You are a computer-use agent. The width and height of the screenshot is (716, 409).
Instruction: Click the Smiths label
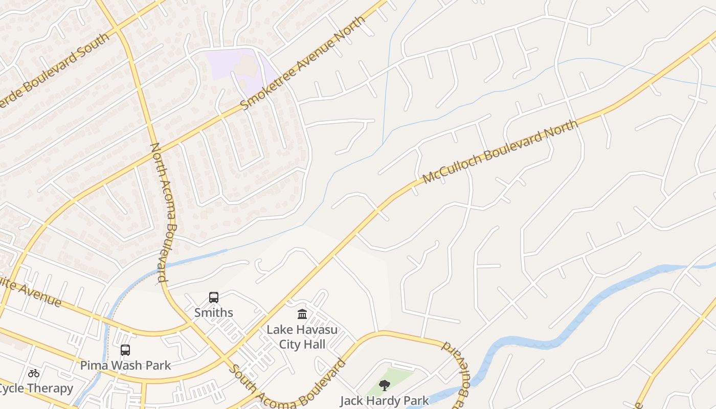(x=214, y=312)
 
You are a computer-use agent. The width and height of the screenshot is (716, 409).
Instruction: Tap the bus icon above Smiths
(x=214, y=297)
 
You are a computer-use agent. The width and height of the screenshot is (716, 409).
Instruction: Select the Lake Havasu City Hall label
(x=302, y=336)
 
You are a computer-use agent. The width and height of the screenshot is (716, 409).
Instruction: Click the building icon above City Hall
(x=302, y=314)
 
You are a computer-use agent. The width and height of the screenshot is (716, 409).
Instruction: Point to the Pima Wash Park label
(x=125, y=365)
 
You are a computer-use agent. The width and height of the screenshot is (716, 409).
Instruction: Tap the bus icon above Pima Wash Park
(x=125, y=350)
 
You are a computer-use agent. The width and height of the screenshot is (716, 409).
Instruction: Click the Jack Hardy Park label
(x=385, y=400)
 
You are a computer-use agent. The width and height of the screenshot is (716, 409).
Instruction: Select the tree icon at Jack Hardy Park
(x=385, y=385)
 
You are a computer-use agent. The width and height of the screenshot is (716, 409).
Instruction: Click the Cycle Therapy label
(x=36, y=388)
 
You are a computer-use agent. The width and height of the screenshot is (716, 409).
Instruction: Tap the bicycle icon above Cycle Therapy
(x=34, y=373)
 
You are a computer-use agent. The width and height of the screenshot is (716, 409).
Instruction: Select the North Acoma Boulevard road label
(x=165, y=212)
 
